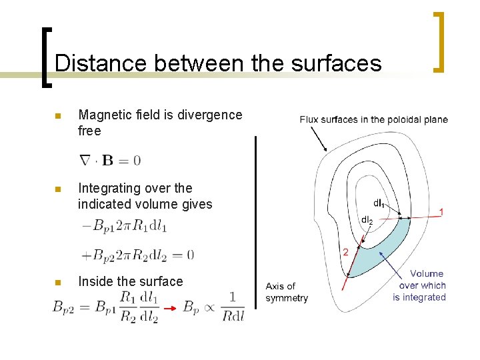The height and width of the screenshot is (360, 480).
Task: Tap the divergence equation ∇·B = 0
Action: [110, 160]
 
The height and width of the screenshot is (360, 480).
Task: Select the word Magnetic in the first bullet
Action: [102, 115]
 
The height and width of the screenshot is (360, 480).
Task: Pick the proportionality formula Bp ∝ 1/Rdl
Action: [213, 307]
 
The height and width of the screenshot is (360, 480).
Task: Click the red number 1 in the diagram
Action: [441, 211]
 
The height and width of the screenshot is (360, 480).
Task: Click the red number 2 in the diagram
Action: [345, 252]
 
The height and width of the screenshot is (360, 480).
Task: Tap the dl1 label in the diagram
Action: [378, 203]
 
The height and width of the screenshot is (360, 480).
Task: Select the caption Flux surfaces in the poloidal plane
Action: [373, 120]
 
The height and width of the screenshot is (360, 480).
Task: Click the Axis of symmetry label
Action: [286, 292]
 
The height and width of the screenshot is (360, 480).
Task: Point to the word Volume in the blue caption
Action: [427, 273]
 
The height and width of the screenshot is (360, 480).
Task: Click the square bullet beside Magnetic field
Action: [58, 115]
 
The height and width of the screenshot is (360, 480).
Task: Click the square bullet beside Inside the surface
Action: [58, 282]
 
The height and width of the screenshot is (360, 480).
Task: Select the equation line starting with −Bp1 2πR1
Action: [125, 227]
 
